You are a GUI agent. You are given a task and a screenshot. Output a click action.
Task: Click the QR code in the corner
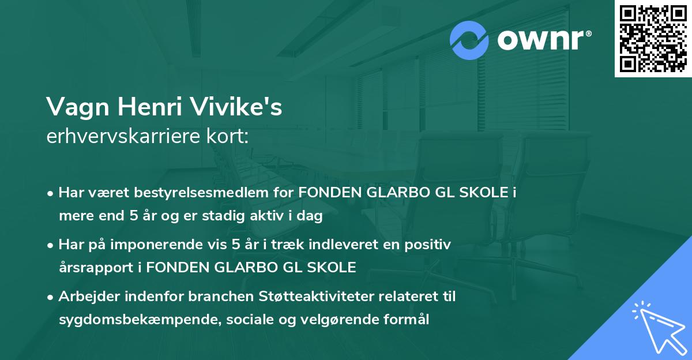[653, 39]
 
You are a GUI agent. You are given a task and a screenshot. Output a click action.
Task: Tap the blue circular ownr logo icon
[470, 40]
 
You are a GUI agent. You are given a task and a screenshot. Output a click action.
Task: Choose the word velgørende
[342, 319]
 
